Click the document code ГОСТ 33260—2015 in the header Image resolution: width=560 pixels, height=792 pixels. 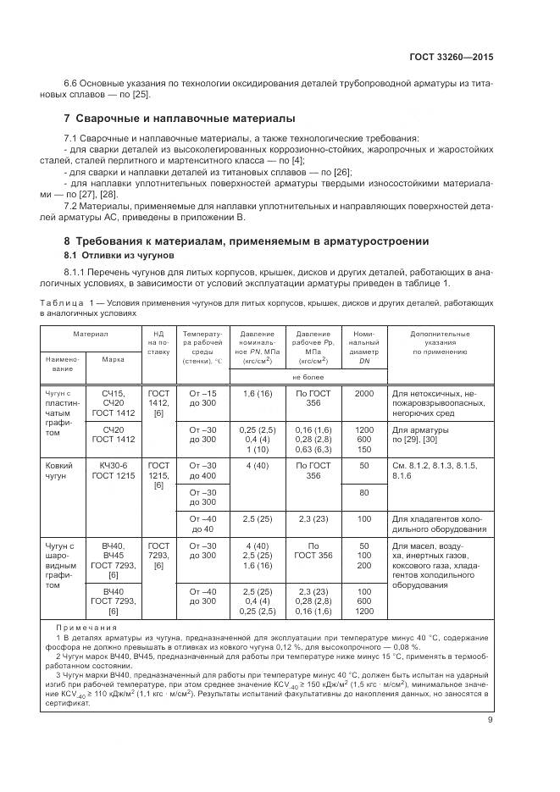point(451,58)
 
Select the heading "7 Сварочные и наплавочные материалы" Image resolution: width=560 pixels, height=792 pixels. point(180,118)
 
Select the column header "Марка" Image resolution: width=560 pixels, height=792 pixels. point(114,358)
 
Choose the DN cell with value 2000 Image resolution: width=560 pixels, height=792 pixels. point(364,394)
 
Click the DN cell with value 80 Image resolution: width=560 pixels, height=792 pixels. point(364,492)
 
